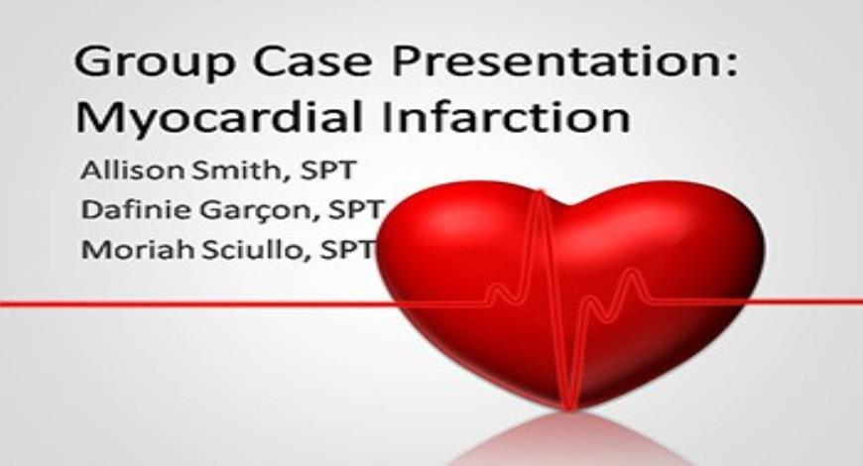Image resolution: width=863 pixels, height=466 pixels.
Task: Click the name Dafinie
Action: (128, 210)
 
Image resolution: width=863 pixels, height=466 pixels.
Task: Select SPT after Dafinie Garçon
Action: (348, 210)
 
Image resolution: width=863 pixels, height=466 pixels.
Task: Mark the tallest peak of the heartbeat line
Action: (542, 194)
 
